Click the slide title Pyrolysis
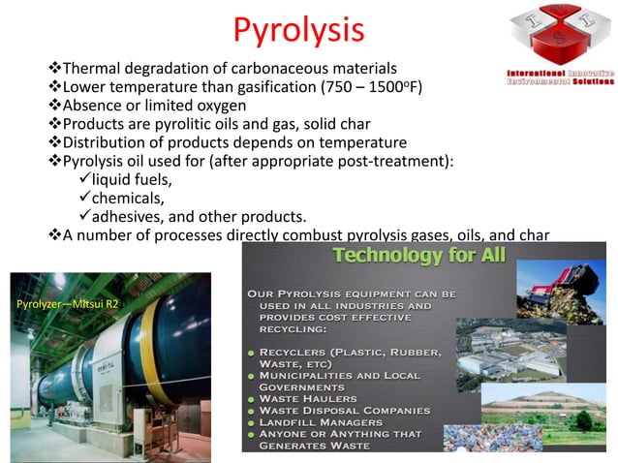coord(298,29)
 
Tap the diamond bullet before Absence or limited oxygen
coord(54,108)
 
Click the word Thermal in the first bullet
coord(90,69)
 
